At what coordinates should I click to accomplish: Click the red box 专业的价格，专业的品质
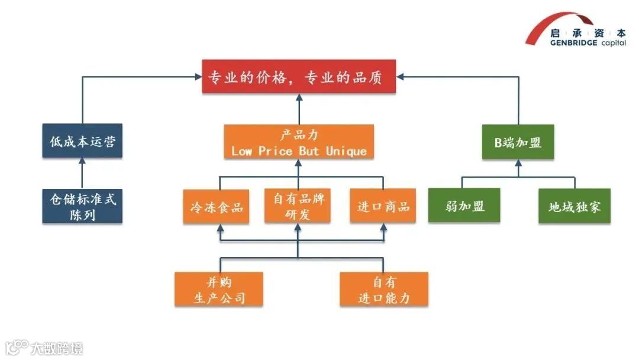tap(299, 77)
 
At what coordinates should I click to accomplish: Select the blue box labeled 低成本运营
tap(82, 141)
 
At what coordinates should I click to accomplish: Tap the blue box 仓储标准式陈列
tap(82, 206)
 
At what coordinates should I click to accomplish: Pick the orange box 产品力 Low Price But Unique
tap(299, 142)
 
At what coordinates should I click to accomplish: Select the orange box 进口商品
tap(383, 207)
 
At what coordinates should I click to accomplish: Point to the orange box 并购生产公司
tap(219, 289)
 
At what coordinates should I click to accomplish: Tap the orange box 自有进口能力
tap(384, 289)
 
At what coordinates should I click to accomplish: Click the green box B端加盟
tap(518, 142)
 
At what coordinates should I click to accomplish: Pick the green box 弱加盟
tap(464, 206)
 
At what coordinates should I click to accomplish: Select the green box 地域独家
tap(574, 206)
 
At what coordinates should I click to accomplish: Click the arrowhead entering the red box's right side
tap(400, 76)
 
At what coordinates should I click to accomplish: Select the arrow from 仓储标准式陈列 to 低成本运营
tap(82, 173)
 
